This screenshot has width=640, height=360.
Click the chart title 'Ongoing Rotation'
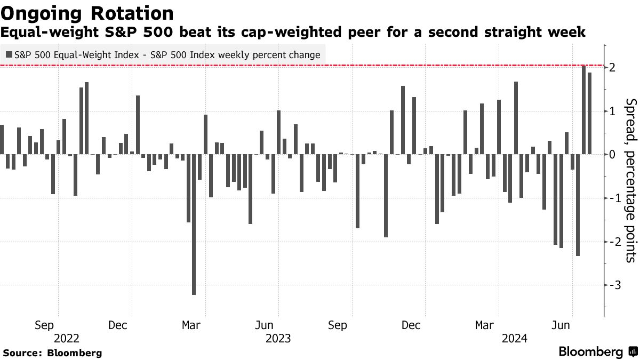[x=86, y=13]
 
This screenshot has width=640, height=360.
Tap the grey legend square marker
[x=9, y=54]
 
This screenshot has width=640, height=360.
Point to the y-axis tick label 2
[x=613, y=68]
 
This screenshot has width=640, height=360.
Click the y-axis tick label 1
[x=613, y=111]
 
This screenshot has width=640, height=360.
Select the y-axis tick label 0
[x=613, y=155]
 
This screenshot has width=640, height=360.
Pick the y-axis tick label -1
[x=611, y=198]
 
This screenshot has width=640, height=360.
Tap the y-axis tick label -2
[x=611, y=242]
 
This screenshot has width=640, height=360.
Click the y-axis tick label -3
[x=611, y=285]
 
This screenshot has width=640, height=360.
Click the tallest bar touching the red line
[x=583, y=110]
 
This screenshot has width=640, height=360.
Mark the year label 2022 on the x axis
[x=67, y=338]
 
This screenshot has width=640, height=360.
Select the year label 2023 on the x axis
[x=278, y=338]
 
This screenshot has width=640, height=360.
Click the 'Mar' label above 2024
[x=485, y=325]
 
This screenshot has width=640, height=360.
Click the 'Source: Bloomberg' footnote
[x=52, y=353]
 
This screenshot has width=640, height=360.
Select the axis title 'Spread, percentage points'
[x=630, y=181]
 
